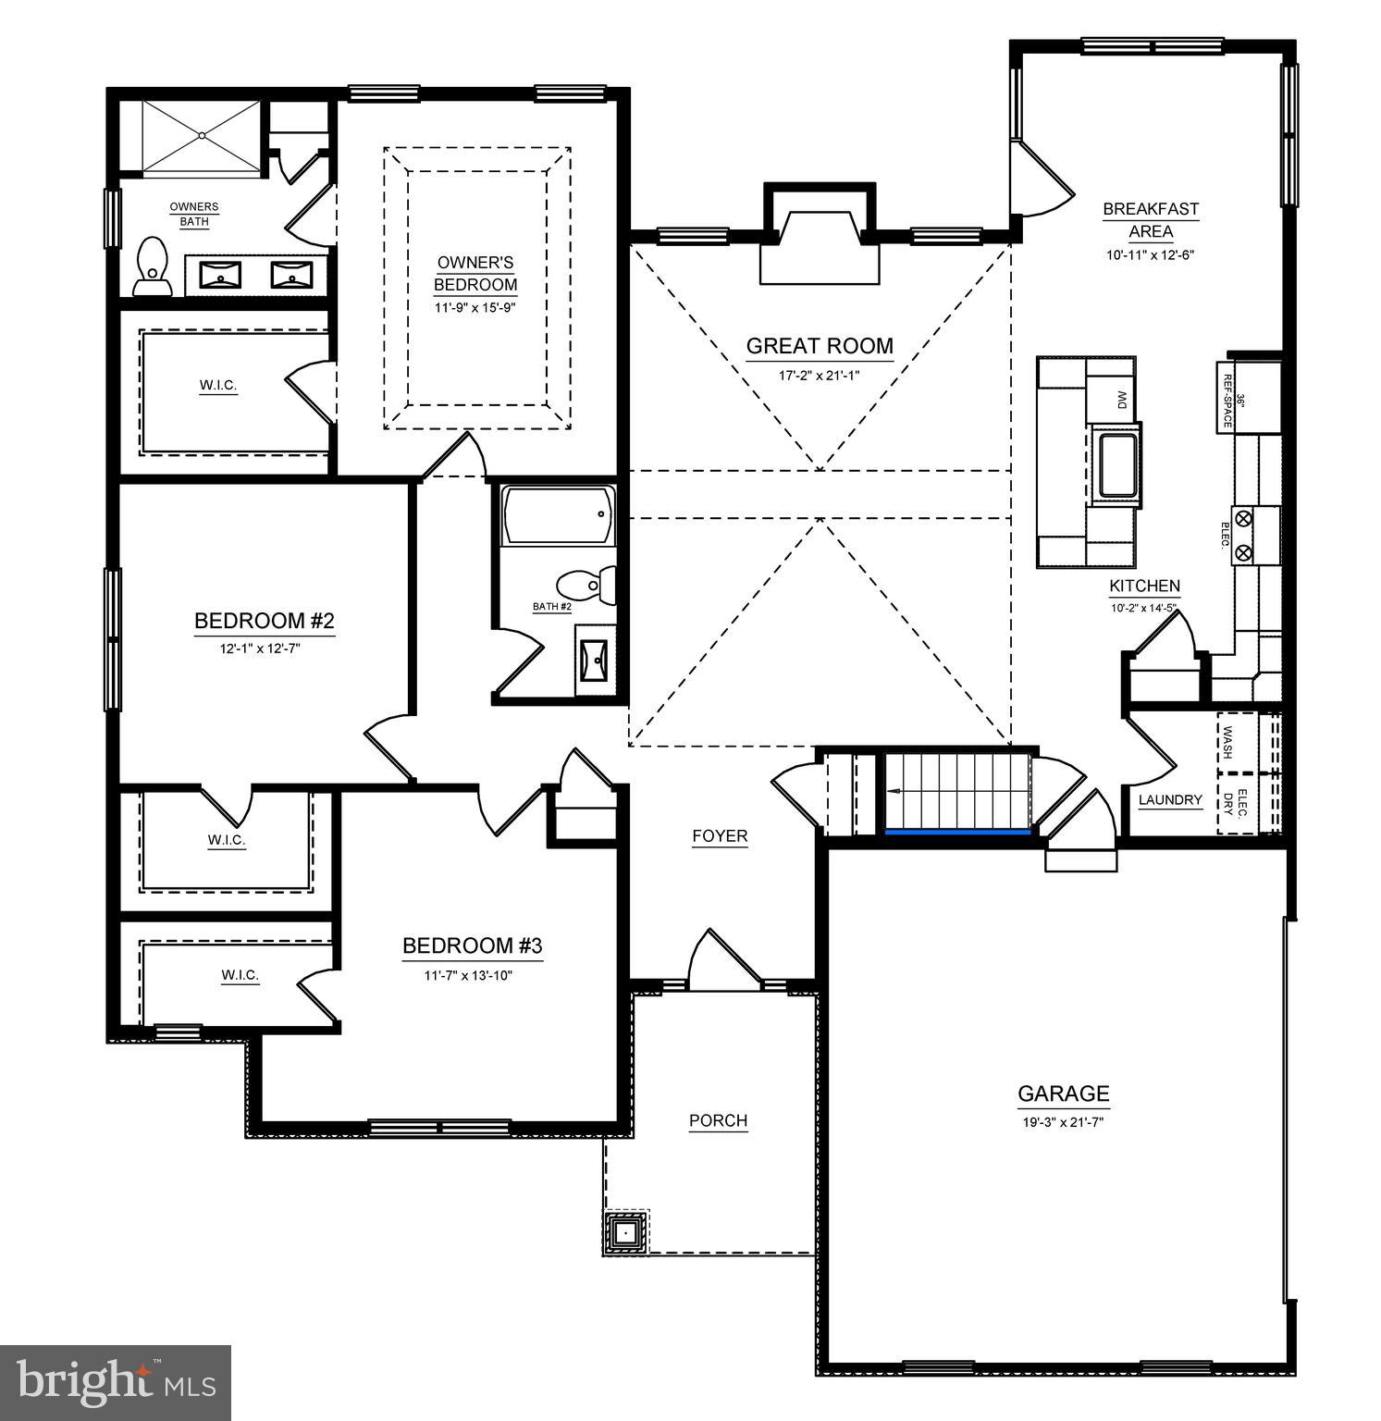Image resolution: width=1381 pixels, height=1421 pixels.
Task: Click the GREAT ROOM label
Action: coord(820,346)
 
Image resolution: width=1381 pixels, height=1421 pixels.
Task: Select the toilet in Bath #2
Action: coord(585,585)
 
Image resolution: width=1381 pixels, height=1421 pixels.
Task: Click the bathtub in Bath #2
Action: coord(558,515)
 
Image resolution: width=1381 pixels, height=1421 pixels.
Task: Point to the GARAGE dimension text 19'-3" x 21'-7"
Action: coord(1063,1121)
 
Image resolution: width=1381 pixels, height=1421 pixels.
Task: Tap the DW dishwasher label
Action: coord(1122,400)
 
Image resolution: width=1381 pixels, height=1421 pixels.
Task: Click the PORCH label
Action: coord(718,1120)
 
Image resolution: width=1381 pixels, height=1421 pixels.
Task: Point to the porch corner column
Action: coord(626,1232)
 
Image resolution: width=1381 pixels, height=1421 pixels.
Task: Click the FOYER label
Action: coord(720,836)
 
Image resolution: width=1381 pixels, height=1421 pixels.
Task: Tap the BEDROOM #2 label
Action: coord(264,620)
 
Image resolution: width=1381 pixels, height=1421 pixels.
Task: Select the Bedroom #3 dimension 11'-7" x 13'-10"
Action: coord(471,975)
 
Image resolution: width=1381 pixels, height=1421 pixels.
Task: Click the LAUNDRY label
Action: coord(1170,800)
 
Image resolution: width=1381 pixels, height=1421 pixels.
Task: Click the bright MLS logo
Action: coord(115,1382)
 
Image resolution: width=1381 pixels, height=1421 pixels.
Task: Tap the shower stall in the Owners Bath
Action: coord(202,136)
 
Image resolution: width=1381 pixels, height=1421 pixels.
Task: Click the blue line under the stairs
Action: coord(958,832)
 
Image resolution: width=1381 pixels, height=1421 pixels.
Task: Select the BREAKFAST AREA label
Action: coord(1151,220)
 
